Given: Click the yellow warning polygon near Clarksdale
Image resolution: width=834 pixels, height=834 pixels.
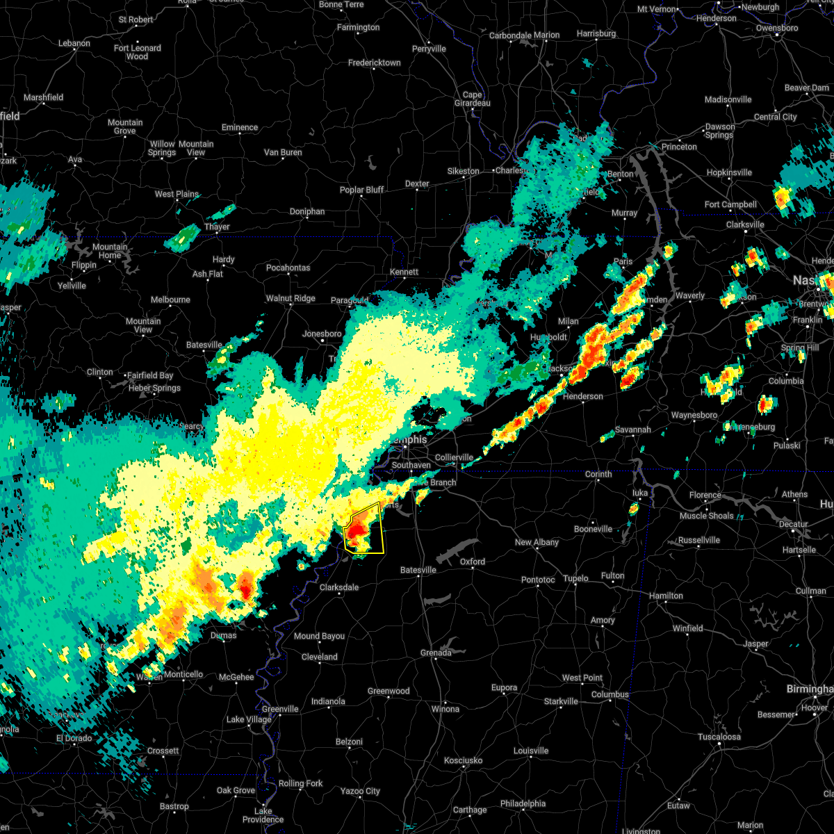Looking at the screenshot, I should pyautogui.click(x=364, y=530).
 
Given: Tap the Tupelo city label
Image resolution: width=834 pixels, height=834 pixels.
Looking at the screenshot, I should pyautogui.click(x=575, y=578).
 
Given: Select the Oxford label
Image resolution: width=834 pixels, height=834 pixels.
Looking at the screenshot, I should pyautogui.click(x=473, y=562).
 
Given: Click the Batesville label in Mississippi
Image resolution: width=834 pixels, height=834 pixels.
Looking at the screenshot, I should pyautogui.click(x=418, y=570).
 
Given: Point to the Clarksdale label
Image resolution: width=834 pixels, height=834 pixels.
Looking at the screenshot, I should pyautogui.click(x=339, y=587).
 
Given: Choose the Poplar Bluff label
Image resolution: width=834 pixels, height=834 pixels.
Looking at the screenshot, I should pyautogui.click(x=361, y=190).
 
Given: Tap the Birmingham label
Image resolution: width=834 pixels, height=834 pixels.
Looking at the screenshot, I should pyautogui.click(x=810, y=689).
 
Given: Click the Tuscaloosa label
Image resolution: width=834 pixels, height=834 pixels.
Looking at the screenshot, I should pyautogui.click(x=719, y=737).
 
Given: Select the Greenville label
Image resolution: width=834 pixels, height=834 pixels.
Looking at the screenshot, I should pyautogui.click(x=280, y=709).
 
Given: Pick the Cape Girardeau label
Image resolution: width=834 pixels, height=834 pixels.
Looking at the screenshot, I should pyautogui.click(x=472, y=99).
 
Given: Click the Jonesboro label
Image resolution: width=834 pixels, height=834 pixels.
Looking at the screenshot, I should pyautogui.click(x=322, y=334).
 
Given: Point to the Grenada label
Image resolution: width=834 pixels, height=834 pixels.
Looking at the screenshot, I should pyautogui.click(x=436, y=653).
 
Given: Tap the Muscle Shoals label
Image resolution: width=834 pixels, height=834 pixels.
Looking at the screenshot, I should pyautogui.click(x=706, y=516).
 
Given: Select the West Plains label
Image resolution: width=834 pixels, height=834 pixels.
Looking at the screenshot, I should pyautogui.click(x=177, y=194).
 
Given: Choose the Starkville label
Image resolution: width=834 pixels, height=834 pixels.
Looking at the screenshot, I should pyautogui.click(x=561, y=701).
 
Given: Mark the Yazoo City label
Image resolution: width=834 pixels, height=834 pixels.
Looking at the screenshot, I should pyautogui.click(x=360, y=791).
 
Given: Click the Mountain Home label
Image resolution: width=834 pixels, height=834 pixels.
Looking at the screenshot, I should pyautogui.click(x=110, y=251).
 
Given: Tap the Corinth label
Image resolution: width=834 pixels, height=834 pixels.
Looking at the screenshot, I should pyautogui.click(x=598, y=474).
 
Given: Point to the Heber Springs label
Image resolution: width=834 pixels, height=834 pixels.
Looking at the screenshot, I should pyautogui.click(x=154, y=388).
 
